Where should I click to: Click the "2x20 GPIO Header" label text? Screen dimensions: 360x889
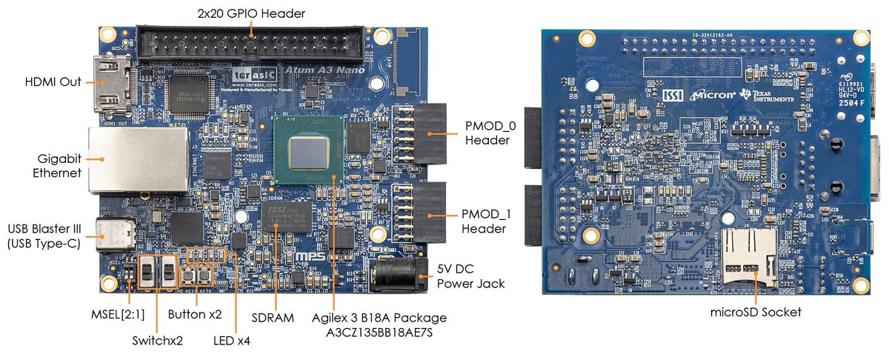point(252,13)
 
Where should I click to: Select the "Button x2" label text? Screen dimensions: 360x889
point(195,313)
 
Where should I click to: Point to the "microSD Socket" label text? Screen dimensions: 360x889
point(756,312)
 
